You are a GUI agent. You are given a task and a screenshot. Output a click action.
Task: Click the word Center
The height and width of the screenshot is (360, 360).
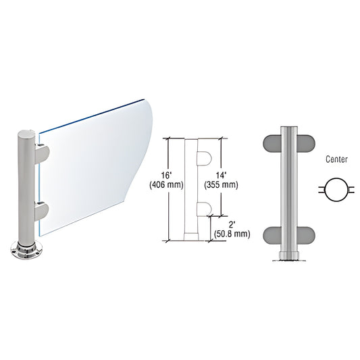[x=336, y=159]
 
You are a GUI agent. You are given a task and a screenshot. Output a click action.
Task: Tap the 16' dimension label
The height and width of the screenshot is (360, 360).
[x=166, y=176]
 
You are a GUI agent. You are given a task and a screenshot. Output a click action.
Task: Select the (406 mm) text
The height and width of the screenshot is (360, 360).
[x=166, y=184]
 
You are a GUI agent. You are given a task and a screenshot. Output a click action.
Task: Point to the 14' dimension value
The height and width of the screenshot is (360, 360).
[x=221, y=176]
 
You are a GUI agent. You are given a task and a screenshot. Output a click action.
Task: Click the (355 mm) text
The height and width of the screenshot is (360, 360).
[x=221, y=184]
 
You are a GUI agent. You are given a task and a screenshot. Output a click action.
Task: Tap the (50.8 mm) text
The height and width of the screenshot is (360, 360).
[x=232, y=234]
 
